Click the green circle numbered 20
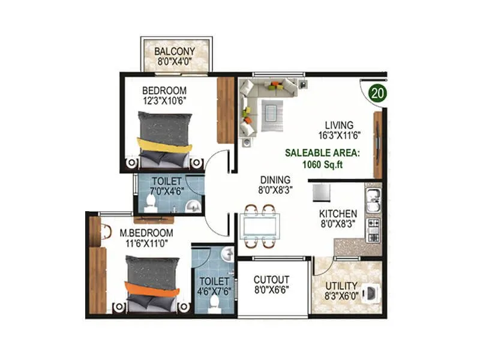pyautogui.click(x=376, y=93)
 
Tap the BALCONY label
pyautogui.click(x=175, y=51)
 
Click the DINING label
pyautogui.click(x=275, y=179)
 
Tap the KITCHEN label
pyautogui.click(x=338, y=214)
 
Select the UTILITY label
pyautogui.click(x=341, y=286)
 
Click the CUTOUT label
pyautogui.click(x=271, y=280)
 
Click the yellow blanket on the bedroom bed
pyautogui.click(x=165, y=145)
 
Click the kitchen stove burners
pyautogui.click(x=373, y=229)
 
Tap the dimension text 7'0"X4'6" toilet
pyautogui.click(x=167, y=192)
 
